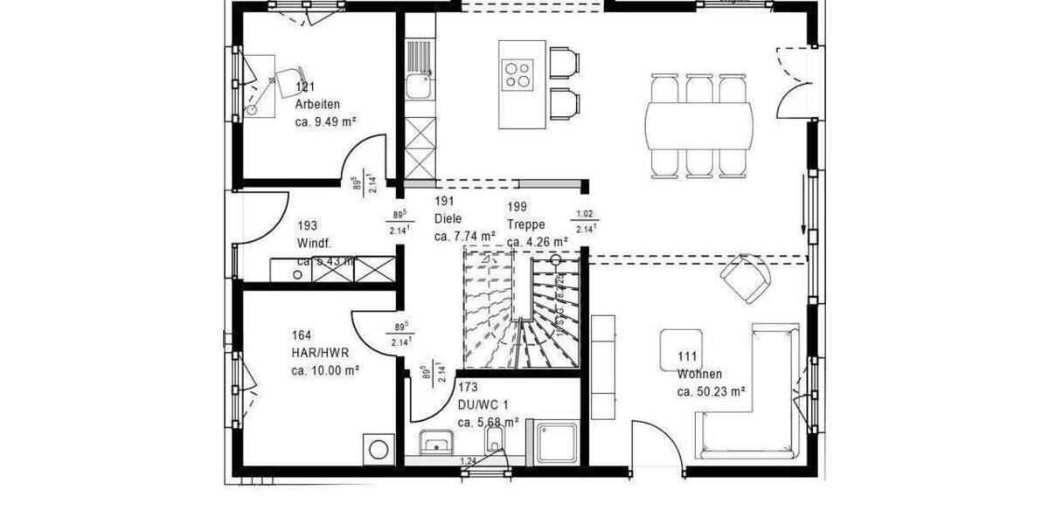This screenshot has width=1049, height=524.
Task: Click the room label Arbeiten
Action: pos(317,103)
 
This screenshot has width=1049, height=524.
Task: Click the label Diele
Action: pos(448,219)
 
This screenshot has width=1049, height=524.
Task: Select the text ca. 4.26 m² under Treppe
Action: pos(538,242)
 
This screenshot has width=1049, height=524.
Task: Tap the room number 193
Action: pos(307,224)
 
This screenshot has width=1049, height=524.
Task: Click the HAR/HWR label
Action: pos(319,352)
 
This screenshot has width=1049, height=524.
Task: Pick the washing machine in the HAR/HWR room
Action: pos(379,450)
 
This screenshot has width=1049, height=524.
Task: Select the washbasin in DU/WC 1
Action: pos(434,445)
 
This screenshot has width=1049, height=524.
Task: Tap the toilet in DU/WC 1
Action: pos(495,441)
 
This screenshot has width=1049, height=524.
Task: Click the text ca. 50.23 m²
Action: pos(711,392)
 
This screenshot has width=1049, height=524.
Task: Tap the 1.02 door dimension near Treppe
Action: pos(585,214)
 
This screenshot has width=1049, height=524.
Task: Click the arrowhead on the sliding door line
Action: pos(802,227)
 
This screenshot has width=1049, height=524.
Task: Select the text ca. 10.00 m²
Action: pos(325,370)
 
